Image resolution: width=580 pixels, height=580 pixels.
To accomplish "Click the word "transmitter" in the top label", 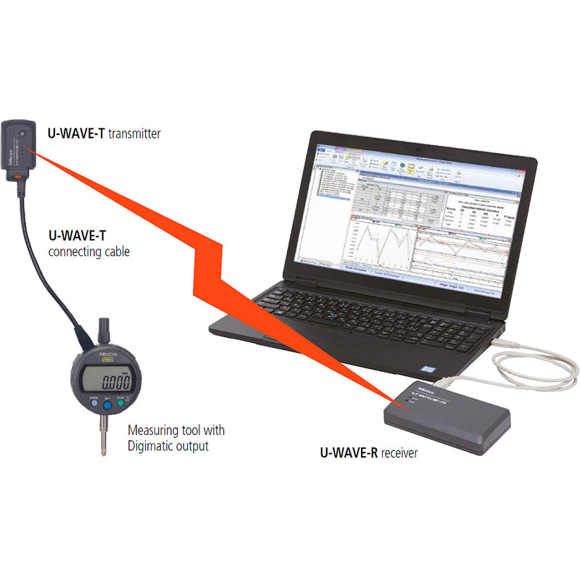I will (x=134, y=133).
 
